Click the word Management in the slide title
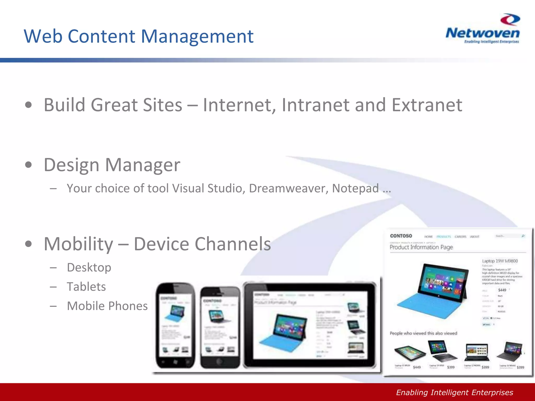[x=197, y=37]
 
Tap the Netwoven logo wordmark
[x=482, y=33]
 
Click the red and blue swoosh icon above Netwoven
[x=510, y=20]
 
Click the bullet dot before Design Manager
[x=28, y=165]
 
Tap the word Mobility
[x=78, y=244]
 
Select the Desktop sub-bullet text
[x=89, y=267]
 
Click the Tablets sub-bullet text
[x=86, y=287]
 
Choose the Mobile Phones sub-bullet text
[x=107, y=306]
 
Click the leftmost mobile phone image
[x=175, y=325]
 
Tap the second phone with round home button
[x=220, y=328]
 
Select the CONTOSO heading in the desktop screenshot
[x=401, y=236]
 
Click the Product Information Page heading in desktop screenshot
[x=421, y=247]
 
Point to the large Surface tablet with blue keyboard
[x=432, y=291]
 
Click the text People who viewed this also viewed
[x=423, y=333]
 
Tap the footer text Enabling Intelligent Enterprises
[x=455, y=392]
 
